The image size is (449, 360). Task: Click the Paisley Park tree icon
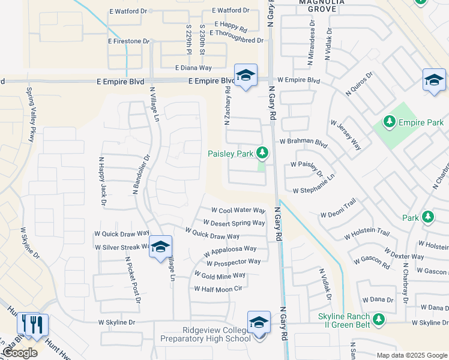pyautogui.click(x=262, y=153)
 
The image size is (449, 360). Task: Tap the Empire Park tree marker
pyautogui.click(x=390, y=122)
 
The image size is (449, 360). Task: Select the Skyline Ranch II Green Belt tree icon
pyautogui.click(x=378, y=318)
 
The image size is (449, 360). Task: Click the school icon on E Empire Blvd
pyautogui.click(x=246, y=76)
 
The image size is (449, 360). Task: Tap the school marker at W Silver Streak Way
pyautogui.click(x=160, y=247)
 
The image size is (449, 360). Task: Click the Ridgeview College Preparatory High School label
pyautogui.click(x=205, y=334)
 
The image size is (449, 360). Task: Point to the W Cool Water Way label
pyautogui.click(x=238, y=211)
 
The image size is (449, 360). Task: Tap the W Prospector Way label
pyautogui.click(x=234, y=262)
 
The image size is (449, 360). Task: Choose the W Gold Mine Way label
pyautogui.click(x=220, y=275)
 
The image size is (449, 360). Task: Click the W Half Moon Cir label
pyautogui.click(x=217, y=289)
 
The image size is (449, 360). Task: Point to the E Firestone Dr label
pyautogui.click(x=128, y=41)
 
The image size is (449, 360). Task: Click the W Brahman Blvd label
pyautogui.click(x=303, y=143)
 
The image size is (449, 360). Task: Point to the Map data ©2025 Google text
pyautogui.click(x=411, y=355)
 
